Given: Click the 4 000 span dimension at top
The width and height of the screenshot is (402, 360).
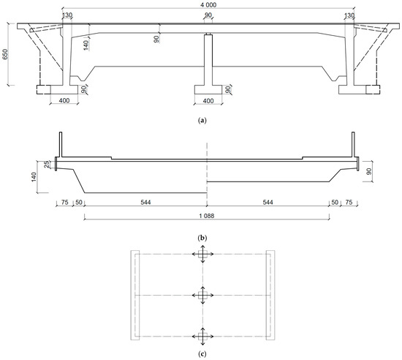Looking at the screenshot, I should [x=208, y=5].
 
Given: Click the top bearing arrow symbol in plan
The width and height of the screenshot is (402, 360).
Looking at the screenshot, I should [x=202, y=254].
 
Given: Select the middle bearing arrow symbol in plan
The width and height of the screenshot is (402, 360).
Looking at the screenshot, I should [x=202, y=294].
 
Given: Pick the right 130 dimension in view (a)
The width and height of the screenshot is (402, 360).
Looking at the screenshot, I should [x=349, y=15].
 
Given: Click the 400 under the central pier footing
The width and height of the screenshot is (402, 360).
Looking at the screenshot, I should [x=208, y=100].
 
